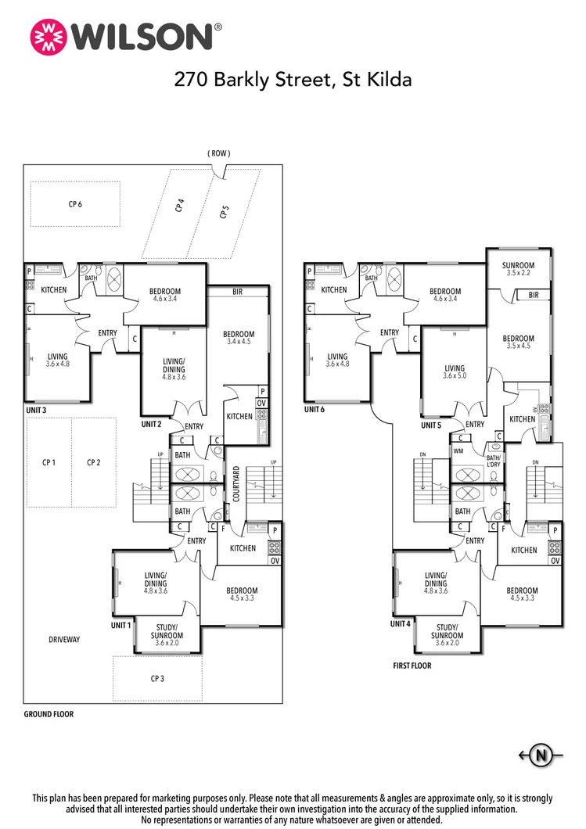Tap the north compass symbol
[541, 755]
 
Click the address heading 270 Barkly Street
[292, 79]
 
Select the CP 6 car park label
[75, 204]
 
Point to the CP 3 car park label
[157, 678]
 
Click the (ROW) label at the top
[219, 153]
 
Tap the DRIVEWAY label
[64, 639]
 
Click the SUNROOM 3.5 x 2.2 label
[519, 269]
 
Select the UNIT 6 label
[315, 409]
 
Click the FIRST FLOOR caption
[412, 666]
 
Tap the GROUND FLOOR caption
[49, 714]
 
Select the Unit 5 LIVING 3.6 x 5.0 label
[454, 371]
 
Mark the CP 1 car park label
[49, 462]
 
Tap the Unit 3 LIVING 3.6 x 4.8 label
[57, 360]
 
